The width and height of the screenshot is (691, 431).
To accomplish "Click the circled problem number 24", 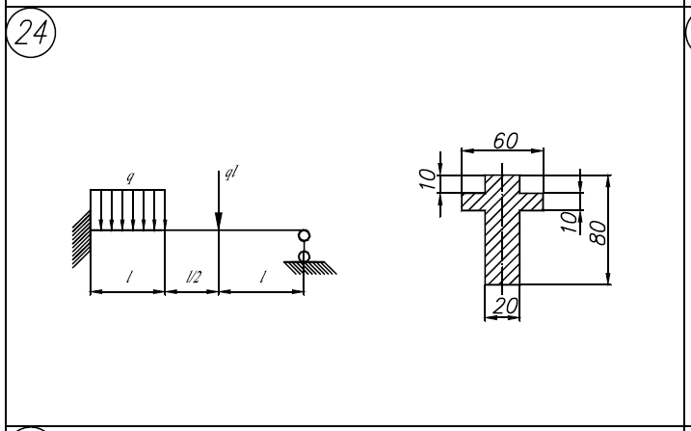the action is pos(31,33).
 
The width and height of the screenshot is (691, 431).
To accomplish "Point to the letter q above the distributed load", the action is pos(130,176).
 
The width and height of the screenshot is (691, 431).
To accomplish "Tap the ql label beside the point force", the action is pos(231,172).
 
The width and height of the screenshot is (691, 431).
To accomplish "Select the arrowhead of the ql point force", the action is pos(219,221).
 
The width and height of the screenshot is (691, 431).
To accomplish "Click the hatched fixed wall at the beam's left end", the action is pos(82,239).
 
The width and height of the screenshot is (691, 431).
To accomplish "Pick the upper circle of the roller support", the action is pos(305,236).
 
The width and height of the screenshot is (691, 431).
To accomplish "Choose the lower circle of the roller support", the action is pos(305,256).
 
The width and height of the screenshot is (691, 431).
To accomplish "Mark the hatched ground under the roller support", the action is pos(310,268).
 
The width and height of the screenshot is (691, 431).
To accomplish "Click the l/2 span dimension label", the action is pos(194,277).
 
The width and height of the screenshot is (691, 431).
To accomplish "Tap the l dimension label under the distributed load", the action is pos(129,277).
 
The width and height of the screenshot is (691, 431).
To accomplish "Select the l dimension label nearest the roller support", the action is pos(263,277).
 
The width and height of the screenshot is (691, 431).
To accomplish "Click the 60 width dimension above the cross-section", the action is pos(505,141).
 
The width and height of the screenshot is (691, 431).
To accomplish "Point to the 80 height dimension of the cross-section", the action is pos(598,232).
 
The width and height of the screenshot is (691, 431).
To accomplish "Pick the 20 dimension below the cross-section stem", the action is pos(505,306).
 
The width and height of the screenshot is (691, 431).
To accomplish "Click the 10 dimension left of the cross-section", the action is pos(428,179).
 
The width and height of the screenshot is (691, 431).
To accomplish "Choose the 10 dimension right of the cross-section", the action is pos(570,222).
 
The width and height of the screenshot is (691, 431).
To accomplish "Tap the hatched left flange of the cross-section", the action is pos(473,202).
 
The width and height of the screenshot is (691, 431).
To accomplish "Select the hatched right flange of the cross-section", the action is pos(531,202).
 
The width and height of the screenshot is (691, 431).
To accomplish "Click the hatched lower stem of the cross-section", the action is pos(502,248).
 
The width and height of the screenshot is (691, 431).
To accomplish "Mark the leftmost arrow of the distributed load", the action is pos(101,210).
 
